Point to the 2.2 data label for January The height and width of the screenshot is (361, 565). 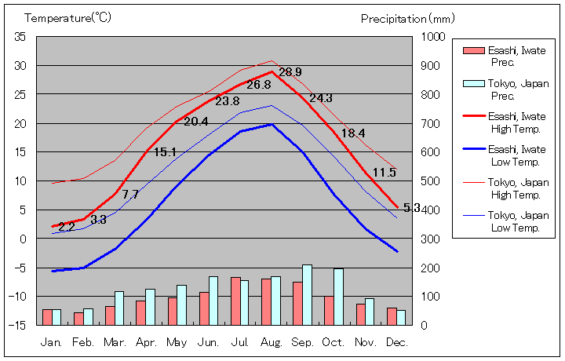67,227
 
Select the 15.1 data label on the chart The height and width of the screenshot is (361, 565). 165,152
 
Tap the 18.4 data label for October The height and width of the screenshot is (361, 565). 353,133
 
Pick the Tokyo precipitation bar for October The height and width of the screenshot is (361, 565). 338,296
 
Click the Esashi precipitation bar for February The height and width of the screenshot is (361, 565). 78,318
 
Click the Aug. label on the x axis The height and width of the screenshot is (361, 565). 272,342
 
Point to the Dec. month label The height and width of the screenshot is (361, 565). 396,342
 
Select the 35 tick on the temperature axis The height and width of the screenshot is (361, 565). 20,37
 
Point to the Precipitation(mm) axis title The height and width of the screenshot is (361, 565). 407,17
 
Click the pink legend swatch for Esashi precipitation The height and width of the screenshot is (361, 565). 473,51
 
